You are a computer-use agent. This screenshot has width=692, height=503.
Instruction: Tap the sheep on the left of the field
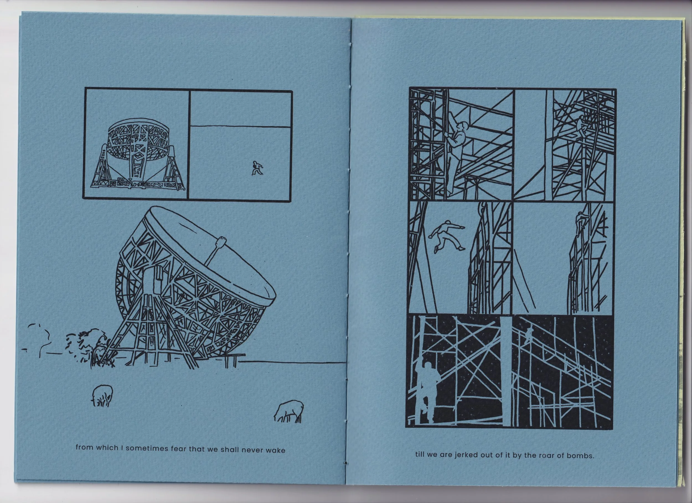(x=102, y=396)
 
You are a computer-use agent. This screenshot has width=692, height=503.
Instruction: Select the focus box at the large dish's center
(x=220, y=243)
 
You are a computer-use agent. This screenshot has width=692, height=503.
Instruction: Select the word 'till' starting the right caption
(x=419, y=463)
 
